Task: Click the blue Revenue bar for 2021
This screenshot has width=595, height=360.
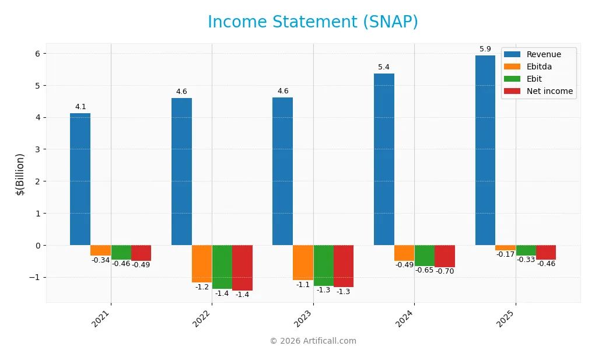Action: [x=80, y=179]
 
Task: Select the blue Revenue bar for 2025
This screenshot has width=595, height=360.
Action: [x=485, y=150]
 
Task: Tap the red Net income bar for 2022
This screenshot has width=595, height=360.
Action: [x=242, y=268]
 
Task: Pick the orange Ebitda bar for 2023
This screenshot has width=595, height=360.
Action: [x=303, y=263]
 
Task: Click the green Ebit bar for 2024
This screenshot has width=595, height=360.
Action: [x=424, y=256]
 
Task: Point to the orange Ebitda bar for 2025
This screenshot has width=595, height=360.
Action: [x=505, y=248]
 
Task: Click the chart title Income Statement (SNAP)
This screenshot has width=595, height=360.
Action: [x=313, y=22]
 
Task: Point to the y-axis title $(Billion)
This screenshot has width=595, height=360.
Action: [x=20, y=174]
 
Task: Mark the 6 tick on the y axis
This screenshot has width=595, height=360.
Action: [x=36, y=54]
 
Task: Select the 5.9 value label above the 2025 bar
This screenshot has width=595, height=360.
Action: [x=485, y=49]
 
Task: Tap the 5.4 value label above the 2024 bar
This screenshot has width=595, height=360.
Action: [x=384, y=67]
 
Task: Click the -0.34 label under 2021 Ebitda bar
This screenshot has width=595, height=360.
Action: [x=100, y=260]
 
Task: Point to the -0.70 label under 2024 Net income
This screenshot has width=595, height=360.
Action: [x=444, y=271]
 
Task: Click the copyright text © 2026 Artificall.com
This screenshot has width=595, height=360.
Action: [x=313, y=341]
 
